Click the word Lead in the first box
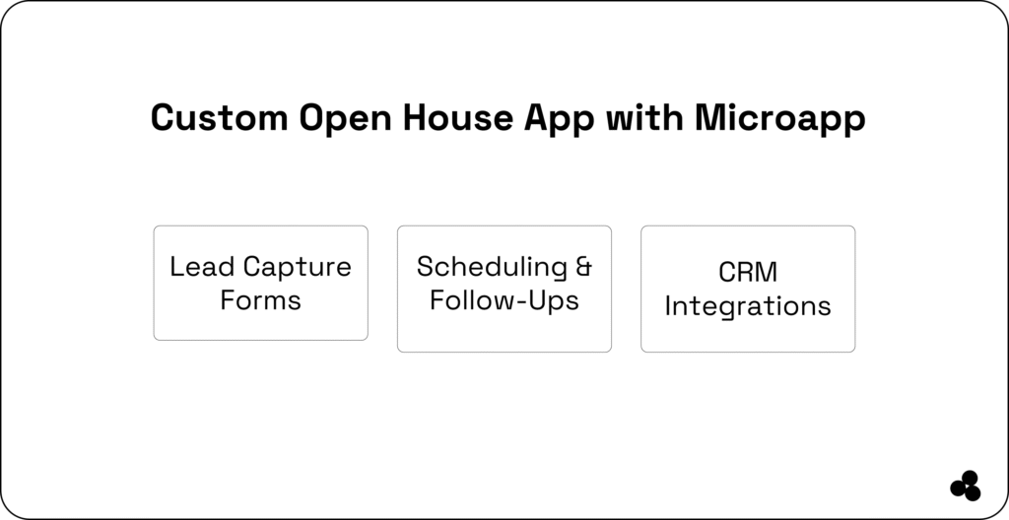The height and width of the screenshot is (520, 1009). [202, 267]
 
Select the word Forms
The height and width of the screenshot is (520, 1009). [260, 299]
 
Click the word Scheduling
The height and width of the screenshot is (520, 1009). [492, 268]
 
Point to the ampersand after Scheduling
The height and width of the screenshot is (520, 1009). [583, 267]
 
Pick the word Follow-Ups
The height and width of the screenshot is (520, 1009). [504, 299]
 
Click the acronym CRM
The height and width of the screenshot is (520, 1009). [747, 273]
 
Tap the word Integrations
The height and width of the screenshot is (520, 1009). [747, 306]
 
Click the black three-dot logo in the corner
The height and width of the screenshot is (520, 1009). [965, 486]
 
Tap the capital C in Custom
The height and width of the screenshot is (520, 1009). [163, 118]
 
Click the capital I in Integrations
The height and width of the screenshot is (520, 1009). [669, 305]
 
